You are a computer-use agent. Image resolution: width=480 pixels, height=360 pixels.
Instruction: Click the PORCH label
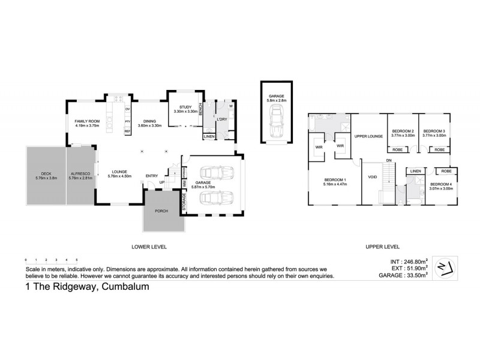pyautogui.click(x=161, y=211)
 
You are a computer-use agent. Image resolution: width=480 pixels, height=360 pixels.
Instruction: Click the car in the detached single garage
pyautogui.click(x=275, y=119)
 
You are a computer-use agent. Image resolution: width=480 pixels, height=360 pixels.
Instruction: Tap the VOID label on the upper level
pyautogui.click(x=372, y=177)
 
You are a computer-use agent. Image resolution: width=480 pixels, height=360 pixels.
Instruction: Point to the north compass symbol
pyautogui.click(x=445, y=266)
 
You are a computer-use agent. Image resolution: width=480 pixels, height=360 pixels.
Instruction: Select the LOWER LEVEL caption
pyautogui.click(x=149, y=247)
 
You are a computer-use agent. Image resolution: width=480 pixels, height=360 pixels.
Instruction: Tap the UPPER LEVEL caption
pyautogui.click(x=382, y=247)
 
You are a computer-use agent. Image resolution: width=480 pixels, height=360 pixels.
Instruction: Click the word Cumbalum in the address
pyautogui.click(x=125, y=287)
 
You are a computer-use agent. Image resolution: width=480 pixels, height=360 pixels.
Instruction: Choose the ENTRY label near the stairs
pyautogui.click(x=151, y=176)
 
